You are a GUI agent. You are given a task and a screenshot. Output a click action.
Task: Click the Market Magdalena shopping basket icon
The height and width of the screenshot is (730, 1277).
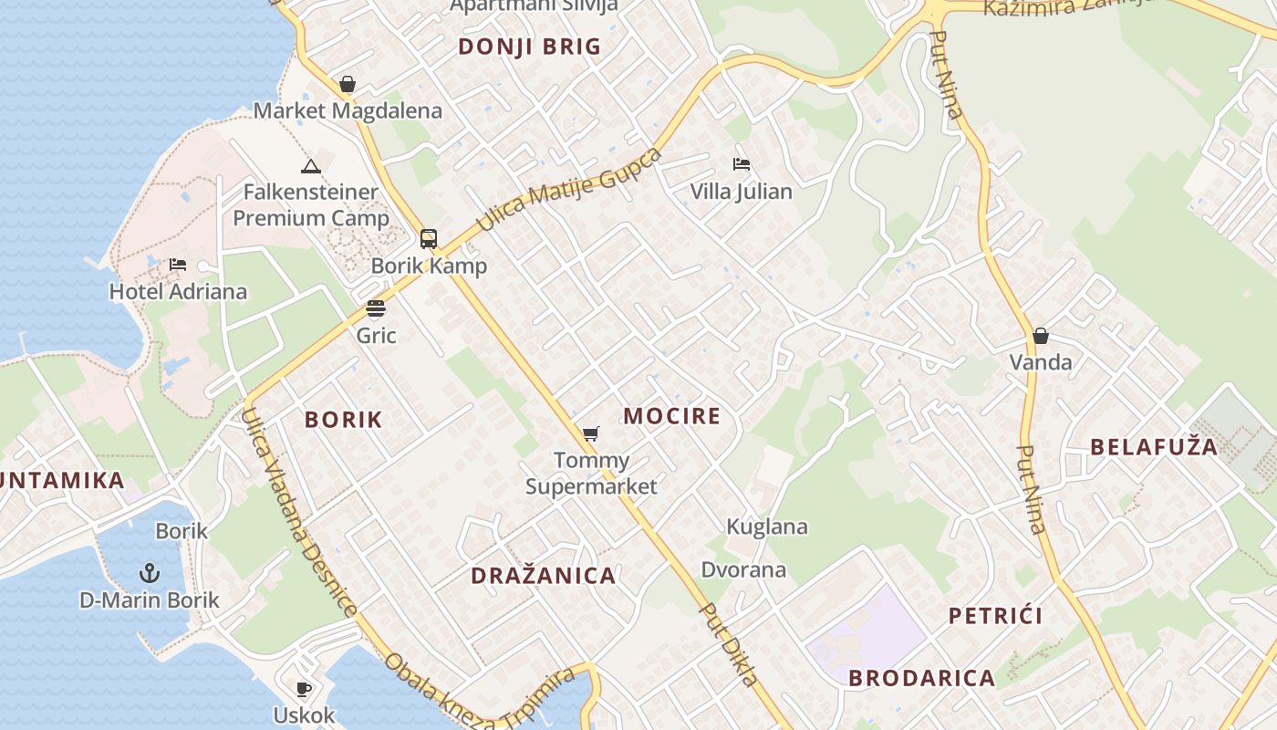(x=347, y=85)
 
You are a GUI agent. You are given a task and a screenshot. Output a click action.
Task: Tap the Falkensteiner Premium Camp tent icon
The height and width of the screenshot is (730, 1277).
(x=311, y=166)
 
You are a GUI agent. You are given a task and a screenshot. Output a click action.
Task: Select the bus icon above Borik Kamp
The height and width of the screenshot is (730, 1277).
(x=429, y=239)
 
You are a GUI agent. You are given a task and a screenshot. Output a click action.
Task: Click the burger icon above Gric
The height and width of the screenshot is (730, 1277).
(x=376, y=308)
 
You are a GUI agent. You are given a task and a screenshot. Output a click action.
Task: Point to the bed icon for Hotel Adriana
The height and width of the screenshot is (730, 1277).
(x=178, y=265)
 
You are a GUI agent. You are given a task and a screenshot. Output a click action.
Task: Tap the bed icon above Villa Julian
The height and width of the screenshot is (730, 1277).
(x=742, y=165)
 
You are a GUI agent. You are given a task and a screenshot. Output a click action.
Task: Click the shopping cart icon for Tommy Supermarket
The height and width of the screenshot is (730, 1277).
(x=591, y=433)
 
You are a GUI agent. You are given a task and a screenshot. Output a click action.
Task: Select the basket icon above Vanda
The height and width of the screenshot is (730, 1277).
(x=1041, y=336)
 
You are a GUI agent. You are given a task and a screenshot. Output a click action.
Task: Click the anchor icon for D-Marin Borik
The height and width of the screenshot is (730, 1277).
(x=150, y=573)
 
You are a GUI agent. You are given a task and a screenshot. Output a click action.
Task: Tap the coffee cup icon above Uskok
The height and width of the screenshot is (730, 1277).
(x=304, y=688)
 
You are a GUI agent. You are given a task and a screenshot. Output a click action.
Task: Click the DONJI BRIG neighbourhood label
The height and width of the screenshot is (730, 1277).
(x=529, y=47)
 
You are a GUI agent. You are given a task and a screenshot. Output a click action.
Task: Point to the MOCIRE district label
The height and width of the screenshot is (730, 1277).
(x=671, y=417)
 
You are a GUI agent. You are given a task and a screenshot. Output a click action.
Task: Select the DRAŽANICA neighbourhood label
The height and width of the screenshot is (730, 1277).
(x=543, y=576)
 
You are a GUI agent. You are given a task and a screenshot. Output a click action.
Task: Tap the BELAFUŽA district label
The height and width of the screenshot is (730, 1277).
(x=1154, y=447)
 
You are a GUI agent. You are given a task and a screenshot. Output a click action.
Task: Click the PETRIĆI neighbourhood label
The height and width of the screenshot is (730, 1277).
(x=995, y=616)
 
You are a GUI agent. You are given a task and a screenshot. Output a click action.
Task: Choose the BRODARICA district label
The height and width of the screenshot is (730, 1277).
(x=921, y=678)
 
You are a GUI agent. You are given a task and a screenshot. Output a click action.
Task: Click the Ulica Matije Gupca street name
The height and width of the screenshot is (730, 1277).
(x=569, y=189)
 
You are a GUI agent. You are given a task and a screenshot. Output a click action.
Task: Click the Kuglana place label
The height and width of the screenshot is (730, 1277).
(x=766, y=527)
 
